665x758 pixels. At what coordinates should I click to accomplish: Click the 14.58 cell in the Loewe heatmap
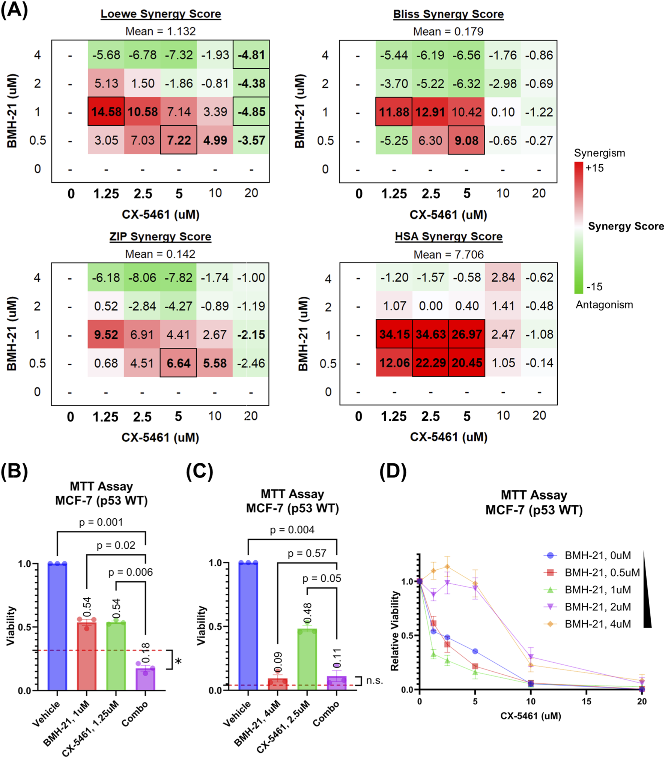106,111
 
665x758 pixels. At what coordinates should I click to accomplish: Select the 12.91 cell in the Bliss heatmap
430,112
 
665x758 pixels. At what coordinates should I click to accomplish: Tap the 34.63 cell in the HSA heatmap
430,334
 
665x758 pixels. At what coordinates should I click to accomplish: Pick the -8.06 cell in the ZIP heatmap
142,278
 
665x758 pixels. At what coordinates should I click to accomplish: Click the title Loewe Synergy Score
161,14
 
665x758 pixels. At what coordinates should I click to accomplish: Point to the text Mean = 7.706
448,255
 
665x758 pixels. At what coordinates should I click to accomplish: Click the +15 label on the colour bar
595,168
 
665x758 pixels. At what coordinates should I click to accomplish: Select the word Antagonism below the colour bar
604,305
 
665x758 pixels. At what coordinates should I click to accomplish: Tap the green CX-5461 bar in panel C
307,660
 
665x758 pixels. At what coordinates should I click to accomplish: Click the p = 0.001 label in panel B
101,522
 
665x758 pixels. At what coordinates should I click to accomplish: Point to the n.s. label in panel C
374,680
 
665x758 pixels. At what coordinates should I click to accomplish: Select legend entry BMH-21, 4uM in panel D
597,624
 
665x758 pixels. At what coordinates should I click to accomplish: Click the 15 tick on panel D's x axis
586,701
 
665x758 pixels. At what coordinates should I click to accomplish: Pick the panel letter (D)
393,472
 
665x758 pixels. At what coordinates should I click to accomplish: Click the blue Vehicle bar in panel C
248,626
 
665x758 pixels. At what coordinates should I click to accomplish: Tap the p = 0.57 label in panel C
307,553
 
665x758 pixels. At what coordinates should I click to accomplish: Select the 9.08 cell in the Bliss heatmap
466,140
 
